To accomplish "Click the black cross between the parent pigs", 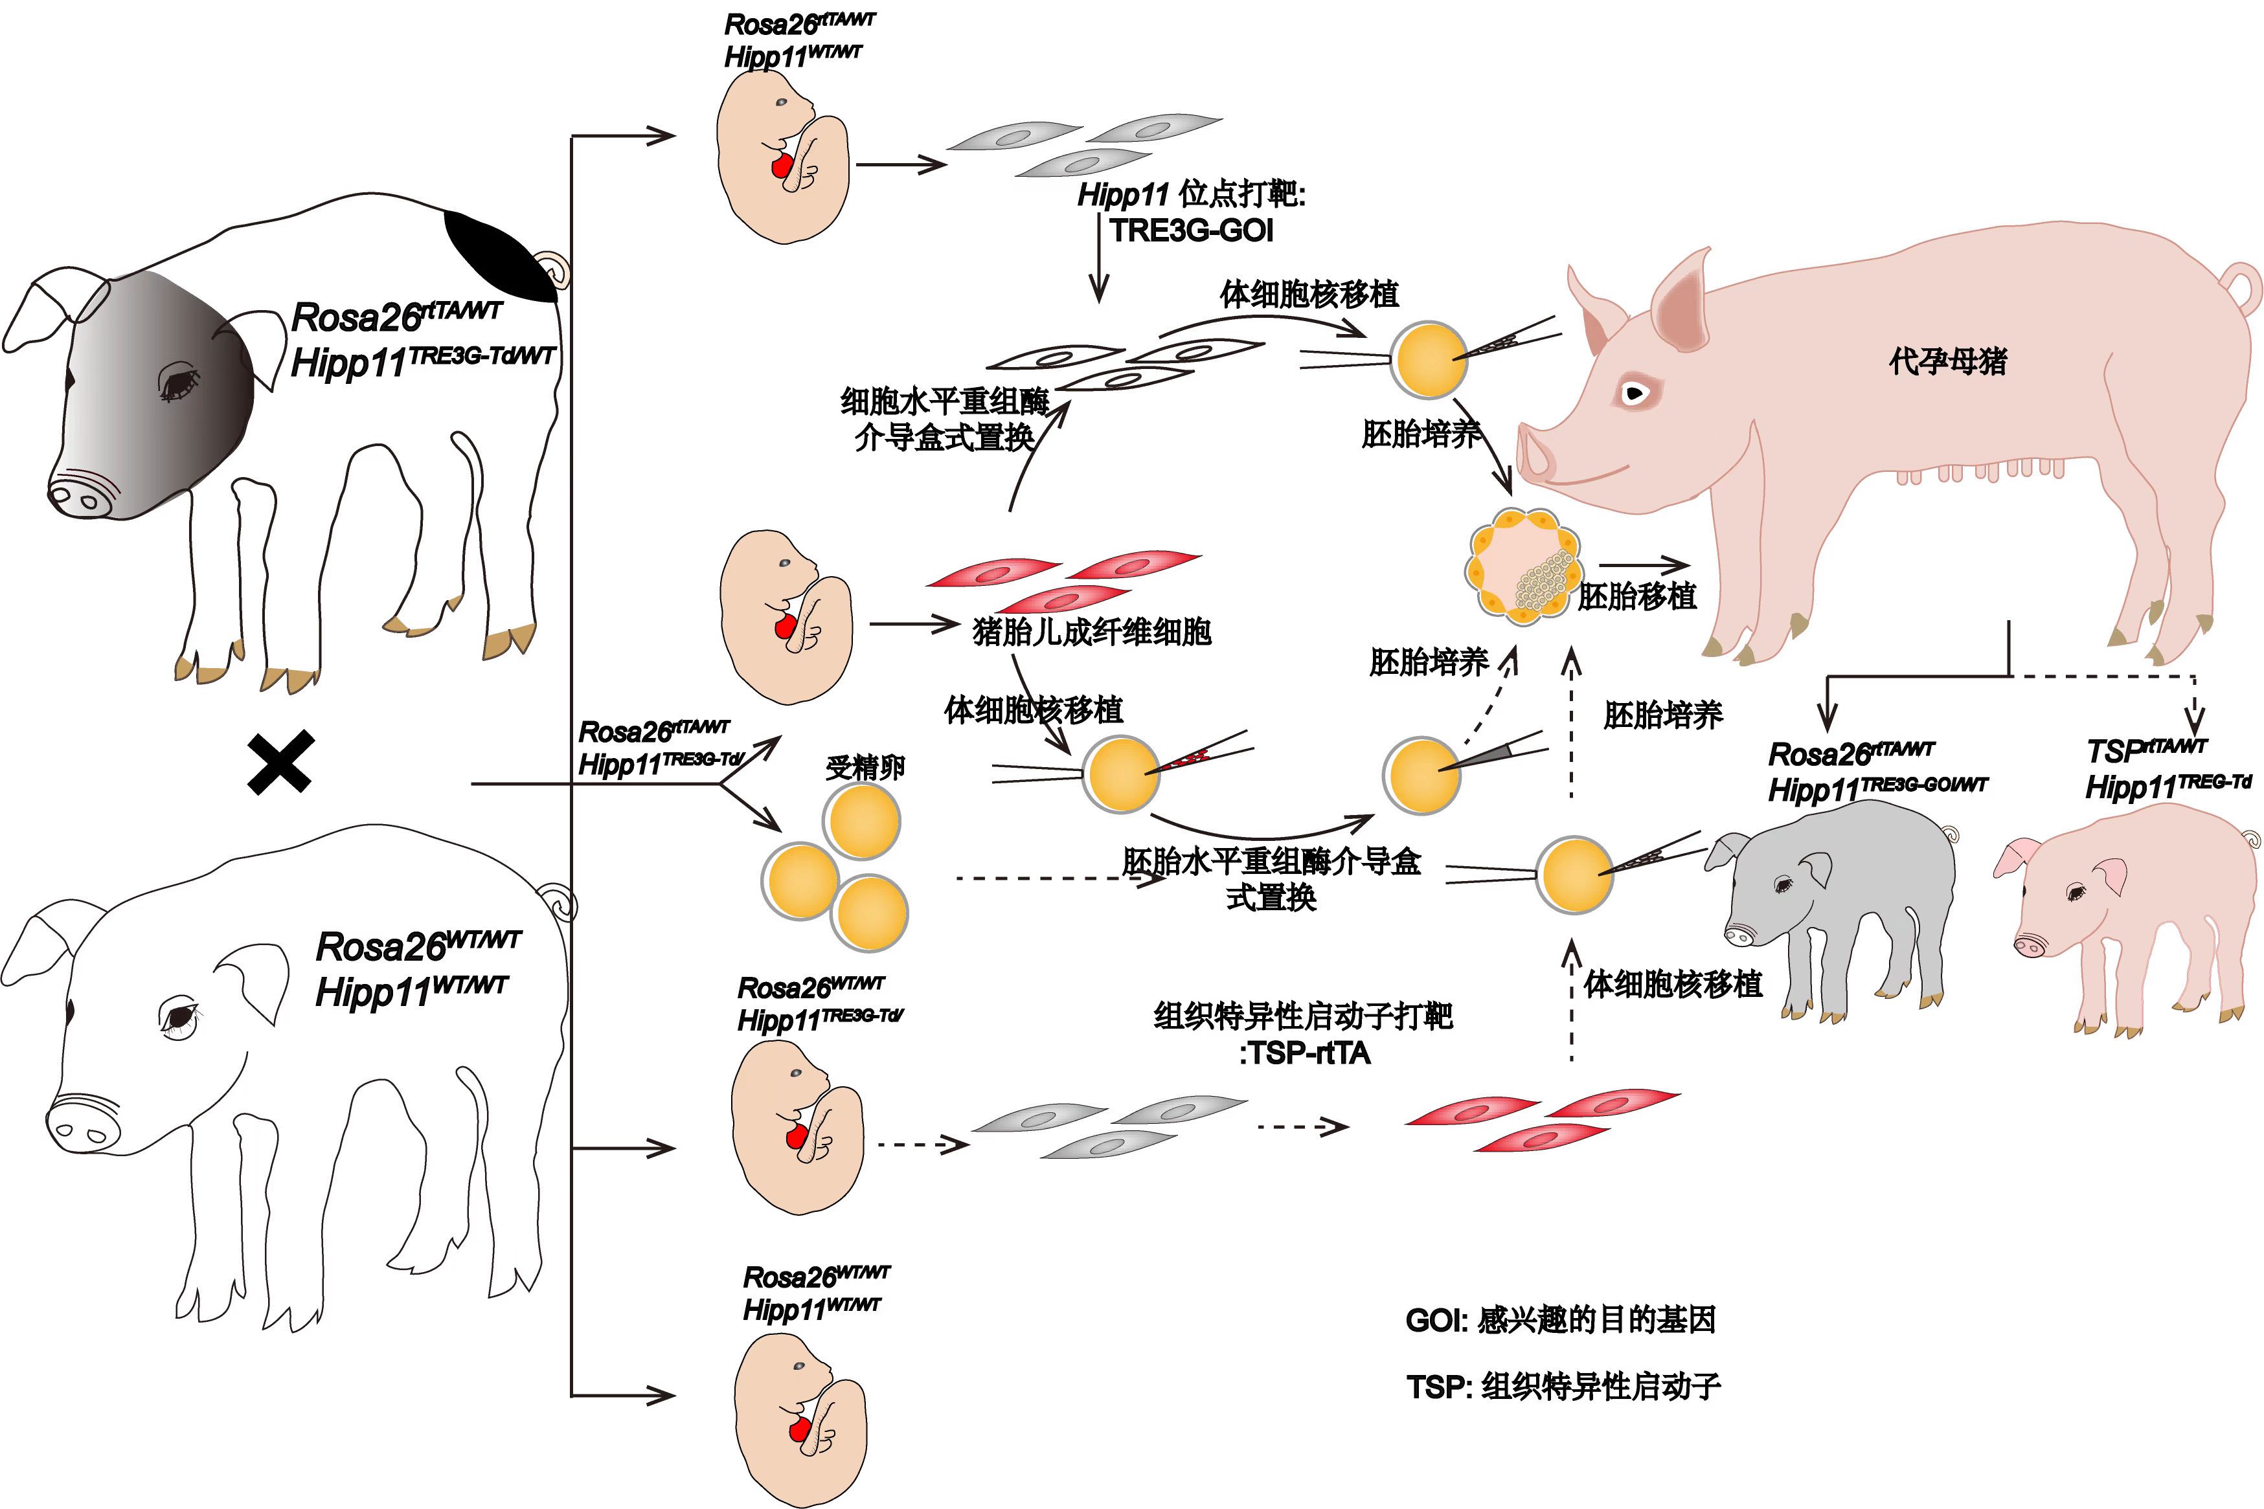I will pos(280,762).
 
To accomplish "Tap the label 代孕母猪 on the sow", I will pos(1947,362).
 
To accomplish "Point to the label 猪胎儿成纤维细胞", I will pos(1092,632).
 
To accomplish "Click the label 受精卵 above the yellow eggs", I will pos(865,767).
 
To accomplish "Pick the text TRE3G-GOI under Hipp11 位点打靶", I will pos(1192,231).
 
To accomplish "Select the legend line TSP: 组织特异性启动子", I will pos(1562,1387).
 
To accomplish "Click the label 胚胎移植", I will pos(1636,597).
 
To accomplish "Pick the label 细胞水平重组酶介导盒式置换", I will pos(944,419).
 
